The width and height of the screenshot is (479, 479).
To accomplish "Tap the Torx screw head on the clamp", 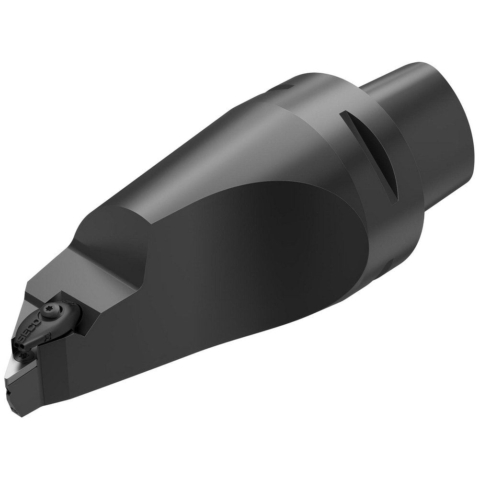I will (x=50, y=300).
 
